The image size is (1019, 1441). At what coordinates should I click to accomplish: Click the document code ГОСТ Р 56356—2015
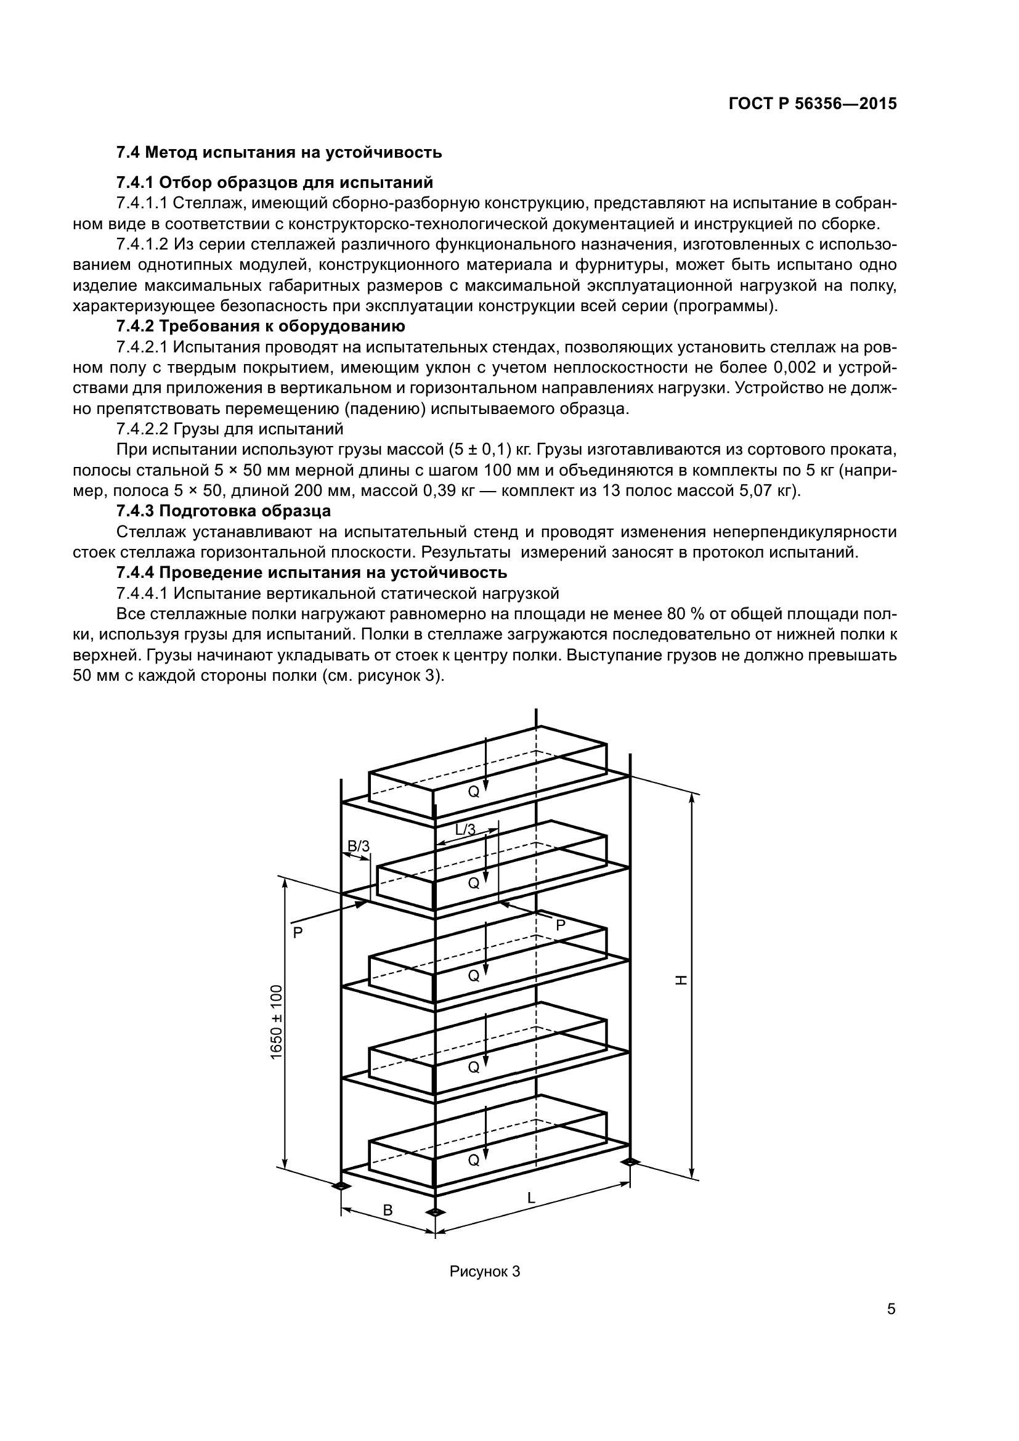click(x=813, y=104)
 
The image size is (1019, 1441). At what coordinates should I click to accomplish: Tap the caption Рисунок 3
click(x=484, y=1272)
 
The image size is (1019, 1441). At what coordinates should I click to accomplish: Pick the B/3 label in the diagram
click(x=359, y=846)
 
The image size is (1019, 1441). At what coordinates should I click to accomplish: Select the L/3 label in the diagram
click(x=465, y=830)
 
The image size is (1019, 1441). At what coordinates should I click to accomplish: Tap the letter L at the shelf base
click(x=531, y=1198)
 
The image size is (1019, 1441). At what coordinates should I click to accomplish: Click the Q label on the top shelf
click(x=474, y=792)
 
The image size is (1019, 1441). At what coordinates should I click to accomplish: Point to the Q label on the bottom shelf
click(x=474, y=1161)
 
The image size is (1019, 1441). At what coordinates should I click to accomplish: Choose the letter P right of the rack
click(x=560, y=925)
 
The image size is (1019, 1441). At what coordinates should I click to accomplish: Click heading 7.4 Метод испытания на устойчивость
click(x=279, y=153)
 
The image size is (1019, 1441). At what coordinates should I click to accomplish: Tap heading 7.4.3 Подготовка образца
click(x=224, y=511)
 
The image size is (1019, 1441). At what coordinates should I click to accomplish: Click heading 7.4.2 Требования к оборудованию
click(x=261, y=327)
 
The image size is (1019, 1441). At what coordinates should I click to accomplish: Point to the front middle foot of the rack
click(x=435, y=1211)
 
